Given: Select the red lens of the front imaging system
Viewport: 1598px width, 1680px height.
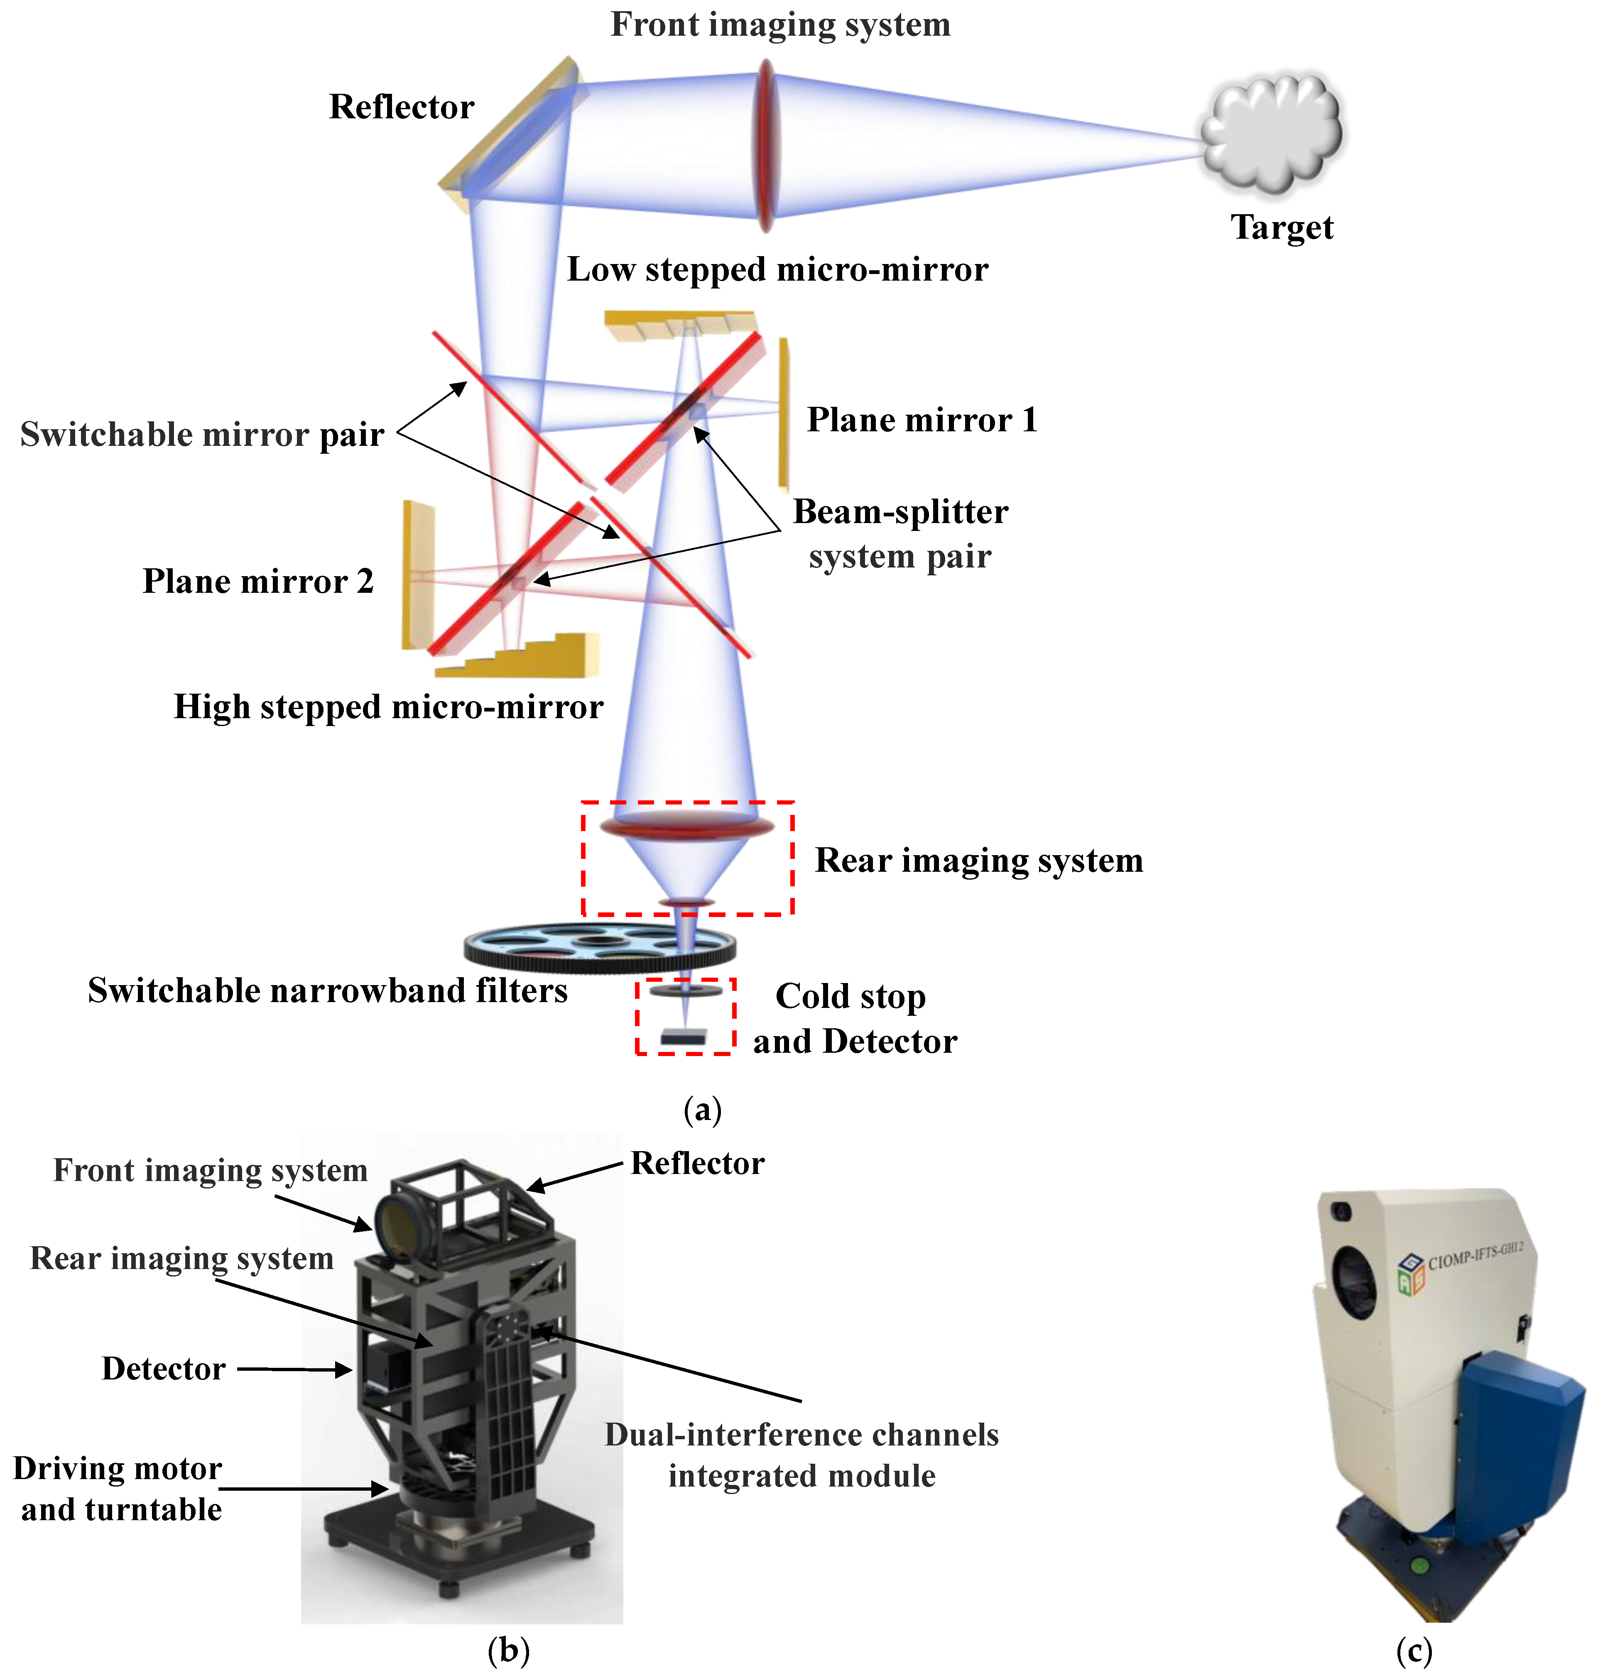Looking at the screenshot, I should tap(766, 145).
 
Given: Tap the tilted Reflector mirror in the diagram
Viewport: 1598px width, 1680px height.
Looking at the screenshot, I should tap(511, 132).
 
